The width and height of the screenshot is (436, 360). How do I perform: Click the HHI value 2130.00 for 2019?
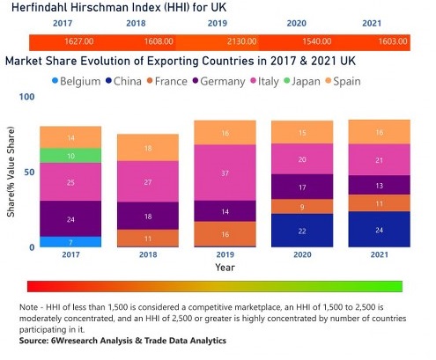(x=224, y=42)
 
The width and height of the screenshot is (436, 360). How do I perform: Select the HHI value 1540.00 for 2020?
(x=304, y=42)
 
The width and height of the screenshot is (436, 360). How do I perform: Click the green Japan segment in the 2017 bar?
(x=70, y=155)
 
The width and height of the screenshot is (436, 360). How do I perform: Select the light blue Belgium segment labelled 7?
(x=70, y=241)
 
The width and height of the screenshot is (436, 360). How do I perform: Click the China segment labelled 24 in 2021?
(x=379, y=229)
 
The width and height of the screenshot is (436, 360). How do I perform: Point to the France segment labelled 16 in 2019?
(x=225, y=234)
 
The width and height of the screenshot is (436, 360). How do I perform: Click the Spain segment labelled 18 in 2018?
(x=148, y=148)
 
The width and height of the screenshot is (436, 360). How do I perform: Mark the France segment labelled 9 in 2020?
(x=302, y=207)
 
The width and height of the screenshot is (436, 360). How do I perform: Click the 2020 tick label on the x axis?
(x=302, y=256)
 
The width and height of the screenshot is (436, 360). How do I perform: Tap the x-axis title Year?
(x=225, y=267)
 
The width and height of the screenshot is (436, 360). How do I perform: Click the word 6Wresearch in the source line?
(x=74, y=340)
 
